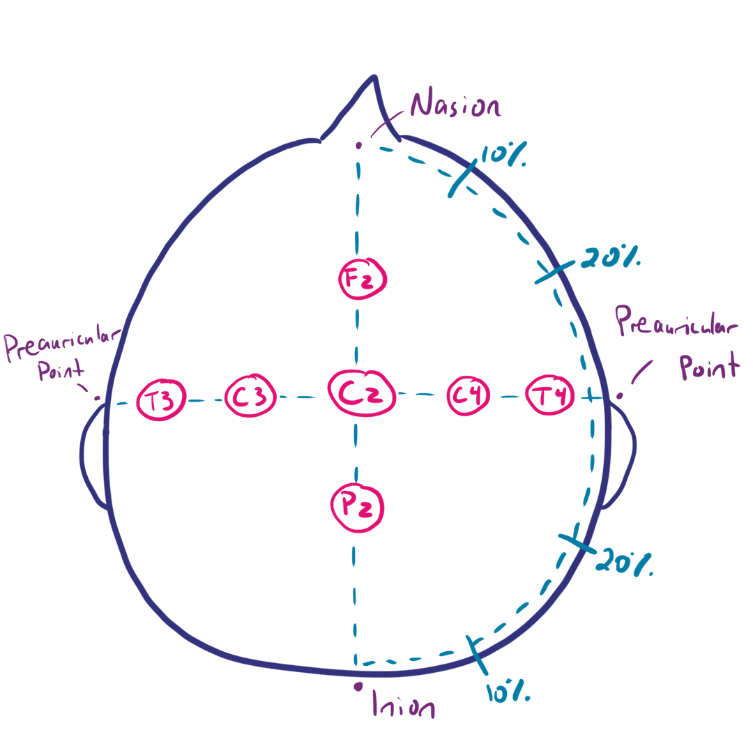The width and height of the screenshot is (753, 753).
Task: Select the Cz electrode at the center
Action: point(362,395)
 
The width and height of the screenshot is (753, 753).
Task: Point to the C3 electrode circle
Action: point(250,397)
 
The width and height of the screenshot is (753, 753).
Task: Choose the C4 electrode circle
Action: point(468,396)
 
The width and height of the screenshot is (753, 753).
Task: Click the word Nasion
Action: point(455,107)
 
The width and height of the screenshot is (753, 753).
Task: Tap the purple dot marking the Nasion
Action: point(358,146)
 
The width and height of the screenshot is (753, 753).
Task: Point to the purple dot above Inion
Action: point(358,686)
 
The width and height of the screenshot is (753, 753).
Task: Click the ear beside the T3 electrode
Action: point(93,457)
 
